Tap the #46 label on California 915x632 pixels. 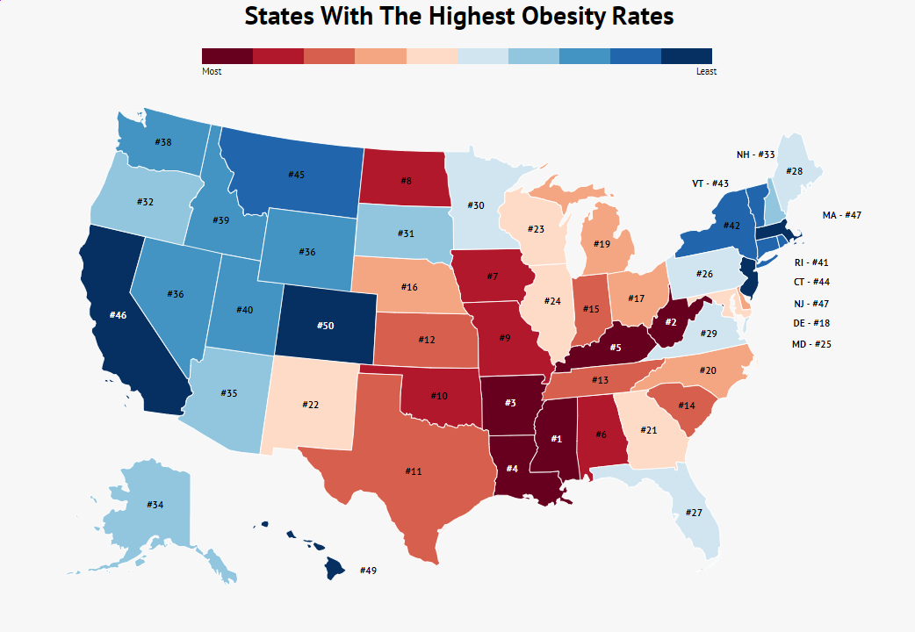click(119, 314)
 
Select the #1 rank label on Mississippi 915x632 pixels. click(556, 438)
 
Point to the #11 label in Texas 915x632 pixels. click(414, 471)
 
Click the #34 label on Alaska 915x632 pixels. click(155, 505)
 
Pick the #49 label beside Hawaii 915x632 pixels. click(368, 571)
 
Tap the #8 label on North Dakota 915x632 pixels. click(406, 181)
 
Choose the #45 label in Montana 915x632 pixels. click(296, 175)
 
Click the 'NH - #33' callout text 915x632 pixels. click(755, 154)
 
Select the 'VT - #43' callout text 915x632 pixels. click(710, 184)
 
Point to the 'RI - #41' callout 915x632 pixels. click(811, 262)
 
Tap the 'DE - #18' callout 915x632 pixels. click(811, 323)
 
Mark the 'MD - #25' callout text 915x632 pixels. click(811, 344)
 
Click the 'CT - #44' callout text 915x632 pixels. click(811, 282)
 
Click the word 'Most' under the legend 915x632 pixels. click(212, 72)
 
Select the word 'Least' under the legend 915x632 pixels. click(706, 72)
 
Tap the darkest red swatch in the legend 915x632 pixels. click(227, 56)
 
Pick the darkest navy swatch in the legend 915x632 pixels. click(686, 56)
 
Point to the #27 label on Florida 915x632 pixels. click(694, 513)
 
